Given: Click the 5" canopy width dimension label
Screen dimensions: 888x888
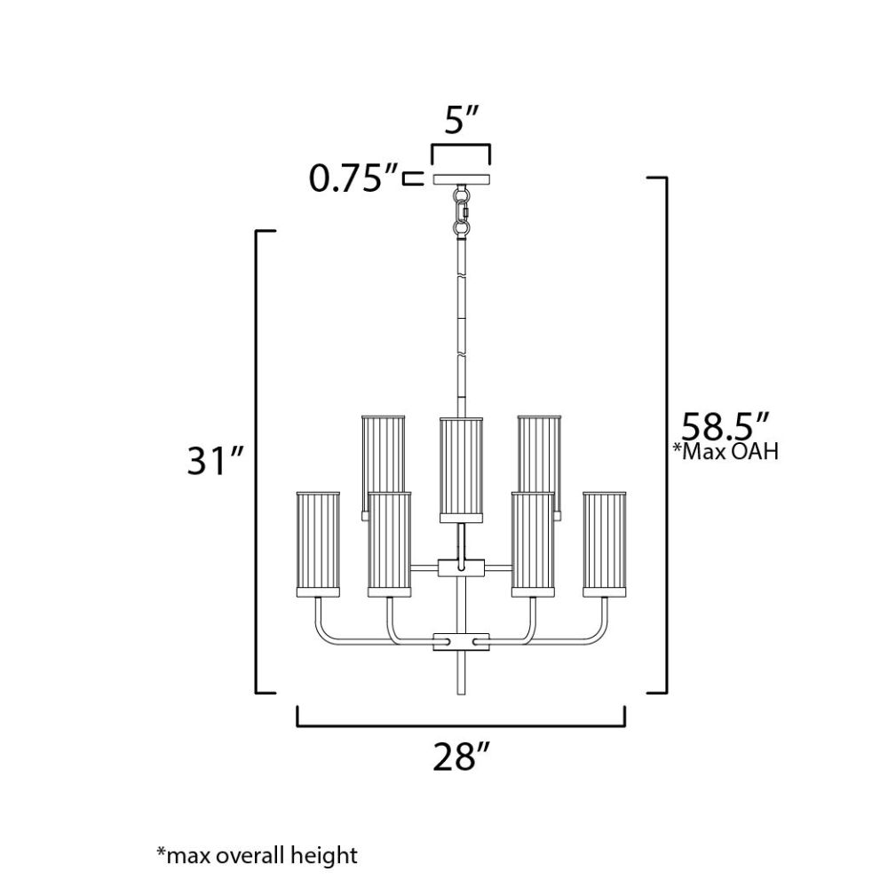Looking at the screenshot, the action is coord(462,120).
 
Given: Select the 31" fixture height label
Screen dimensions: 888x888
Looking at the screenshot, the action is coord(215,461).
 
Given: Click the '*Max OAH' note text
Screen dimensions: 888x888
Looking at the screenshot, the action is coord(725,451).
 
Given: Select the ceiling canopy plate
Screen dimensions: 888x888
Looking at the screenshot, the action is coord(462,179).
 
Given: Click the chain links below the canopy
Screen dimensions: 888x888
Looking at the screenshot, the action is coord(462,212).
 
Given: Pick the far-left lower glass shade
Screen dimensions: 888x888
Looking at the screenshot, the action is coord(318,544).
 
